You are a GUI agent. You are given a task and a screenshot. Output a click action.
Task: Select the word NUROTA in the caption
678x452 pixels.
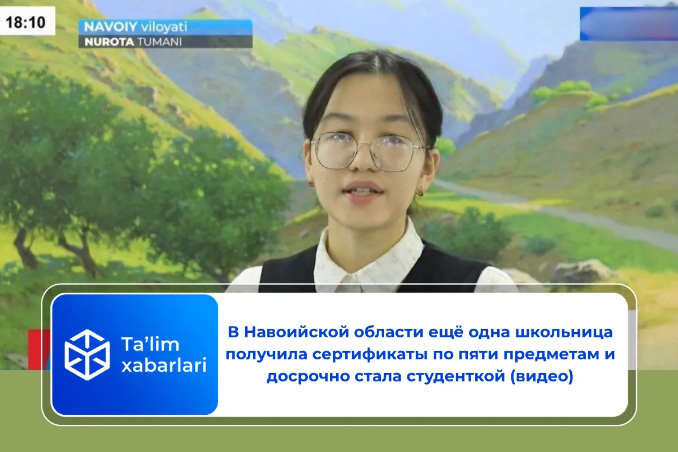point(105,41)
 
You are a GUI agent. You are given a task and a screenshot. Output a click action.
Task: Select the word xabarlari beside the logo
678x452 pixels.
point(164,366)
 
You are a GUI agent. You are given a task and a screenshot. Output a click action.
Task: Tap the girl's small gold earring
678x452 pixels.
point(420,193)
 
